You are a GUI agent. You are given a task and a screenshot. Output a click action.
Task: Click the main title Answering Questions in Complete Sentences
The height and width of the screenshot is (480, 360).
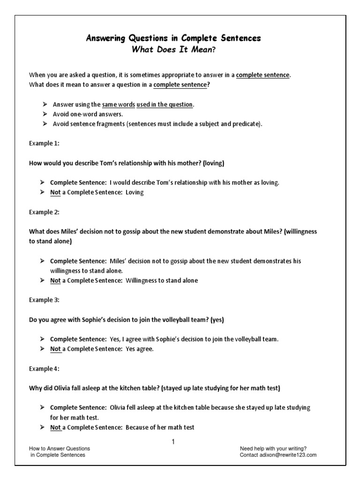point(180,38)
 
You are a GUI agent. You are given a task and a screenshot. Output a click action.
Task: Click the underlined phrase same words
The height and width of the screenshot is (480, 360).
point(119,105)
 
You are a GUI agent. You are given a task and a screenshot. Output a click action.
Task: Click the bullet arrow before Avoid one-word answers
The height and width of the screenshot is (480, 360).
point(45,114)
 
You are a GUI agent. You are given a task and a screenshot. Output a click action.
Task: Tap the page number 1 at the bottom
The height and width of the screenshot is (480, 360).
point(173,442)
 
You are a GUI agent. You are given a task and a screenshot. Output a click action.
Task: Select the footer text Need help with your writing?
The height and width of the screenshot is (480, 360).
point(273,448)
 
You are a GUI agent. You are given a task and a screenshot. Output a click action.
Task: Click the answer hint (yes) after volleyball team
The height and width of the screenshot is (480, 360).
point(217,320)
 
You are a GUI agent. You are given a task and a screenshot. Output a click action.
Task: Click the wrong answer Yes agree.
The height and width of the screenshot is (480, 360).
point(140,349)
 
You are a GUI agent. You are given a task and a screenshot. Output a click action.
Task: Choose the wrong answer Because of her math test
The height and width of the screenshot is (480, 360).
point(160,427)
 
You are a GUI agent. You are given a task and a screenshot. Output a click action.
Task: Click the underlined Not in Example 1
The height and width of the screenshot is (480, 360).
point(56,193)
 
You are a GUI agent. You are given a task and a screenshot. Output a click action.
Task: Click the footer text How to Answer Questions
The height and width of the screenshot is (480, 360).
point(60,448)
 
